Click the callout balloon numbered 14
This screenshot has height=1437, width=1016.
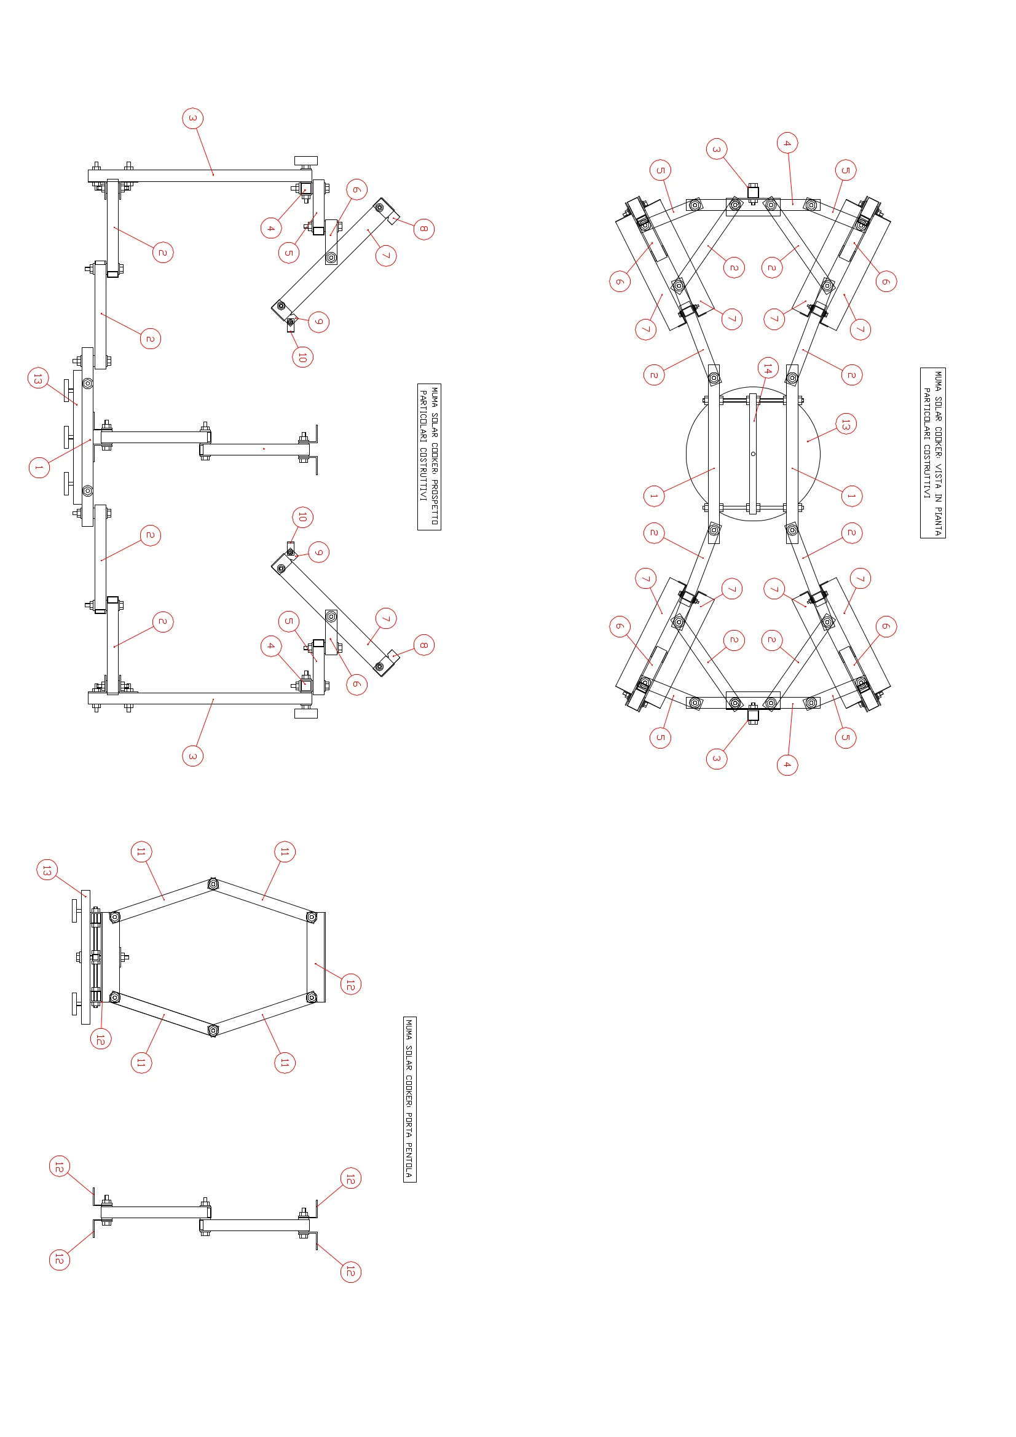click(768, 368)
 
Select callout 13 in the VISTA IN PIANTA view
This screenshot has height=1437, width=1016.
click(846, 423)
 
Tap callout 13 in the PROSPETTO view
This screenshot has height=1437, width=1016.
click(38, 378)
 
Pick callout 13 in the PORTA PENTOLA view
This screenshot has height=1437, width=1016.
click(47, 870)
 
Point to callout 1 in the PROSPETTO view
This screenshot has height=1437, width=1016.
click(39, 468)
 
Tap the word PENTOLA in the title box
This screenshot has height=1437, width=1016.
click(409, 1159)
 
